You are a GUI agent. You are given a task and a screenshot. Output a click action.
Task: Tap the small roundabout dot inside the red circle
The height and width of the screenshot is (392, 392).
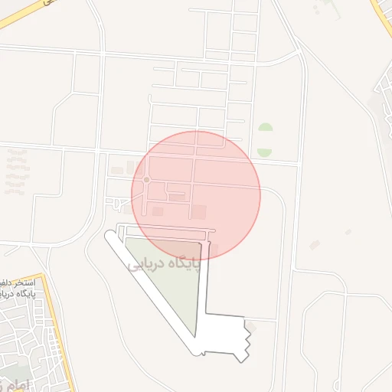coord(146,180)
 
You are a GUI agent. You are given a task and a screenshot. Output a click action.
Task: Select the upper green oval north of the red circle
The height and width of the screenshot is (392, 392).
coord(265,129)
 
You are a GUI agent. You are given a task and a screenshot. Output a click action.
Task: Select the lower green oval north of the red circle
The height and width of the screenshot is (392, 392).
coord(265,152)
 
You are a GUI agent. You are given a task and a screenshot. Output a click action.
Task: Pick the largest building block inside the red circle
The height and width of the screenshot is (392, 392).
coord(198,211)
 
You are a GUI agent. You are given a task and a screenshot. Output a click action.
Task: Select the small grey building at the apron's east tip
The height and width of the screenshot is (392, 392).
coord(252,327)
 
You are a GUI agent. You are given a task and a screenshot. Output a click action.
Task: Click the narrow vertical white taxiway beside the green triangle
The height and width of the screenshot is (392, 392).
coord(204,283)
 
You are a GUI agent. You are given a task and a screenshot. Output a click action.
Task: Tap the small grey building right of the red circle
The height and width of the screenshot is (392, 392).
coord(315,245)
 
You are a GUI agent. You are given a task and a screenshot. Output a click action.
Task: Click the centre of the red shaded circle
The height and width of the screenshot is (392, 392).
coord(196,195)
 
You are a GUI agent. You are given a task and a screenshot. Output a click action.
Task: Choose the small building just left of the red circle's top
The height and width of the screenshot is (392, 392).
coord(117,169)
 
